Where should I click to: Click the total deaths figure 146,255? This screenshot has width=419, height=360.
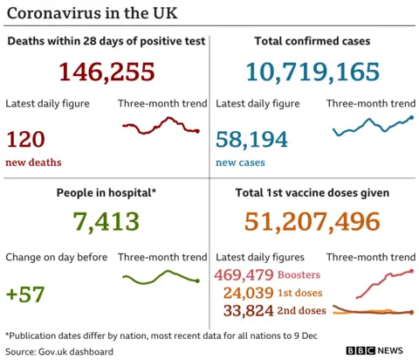[106, 72]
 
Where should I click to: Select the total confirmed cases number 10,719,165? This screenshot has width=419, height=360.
[313, 72]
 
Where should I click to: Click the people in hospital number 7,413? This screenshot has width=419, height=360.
[106, 223]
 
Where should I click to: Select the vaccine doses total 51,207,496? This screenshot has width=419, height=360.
[313, 223]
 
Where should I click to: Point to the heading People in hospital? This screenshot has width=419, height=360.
[106, 192]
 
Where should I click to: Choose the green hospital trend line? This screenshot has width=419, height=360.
[161, 278]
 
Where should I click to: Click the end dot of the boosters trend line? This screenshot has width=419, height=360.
[411, 272]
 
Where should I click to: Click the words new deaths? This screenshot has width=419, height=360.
[33, 162]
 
